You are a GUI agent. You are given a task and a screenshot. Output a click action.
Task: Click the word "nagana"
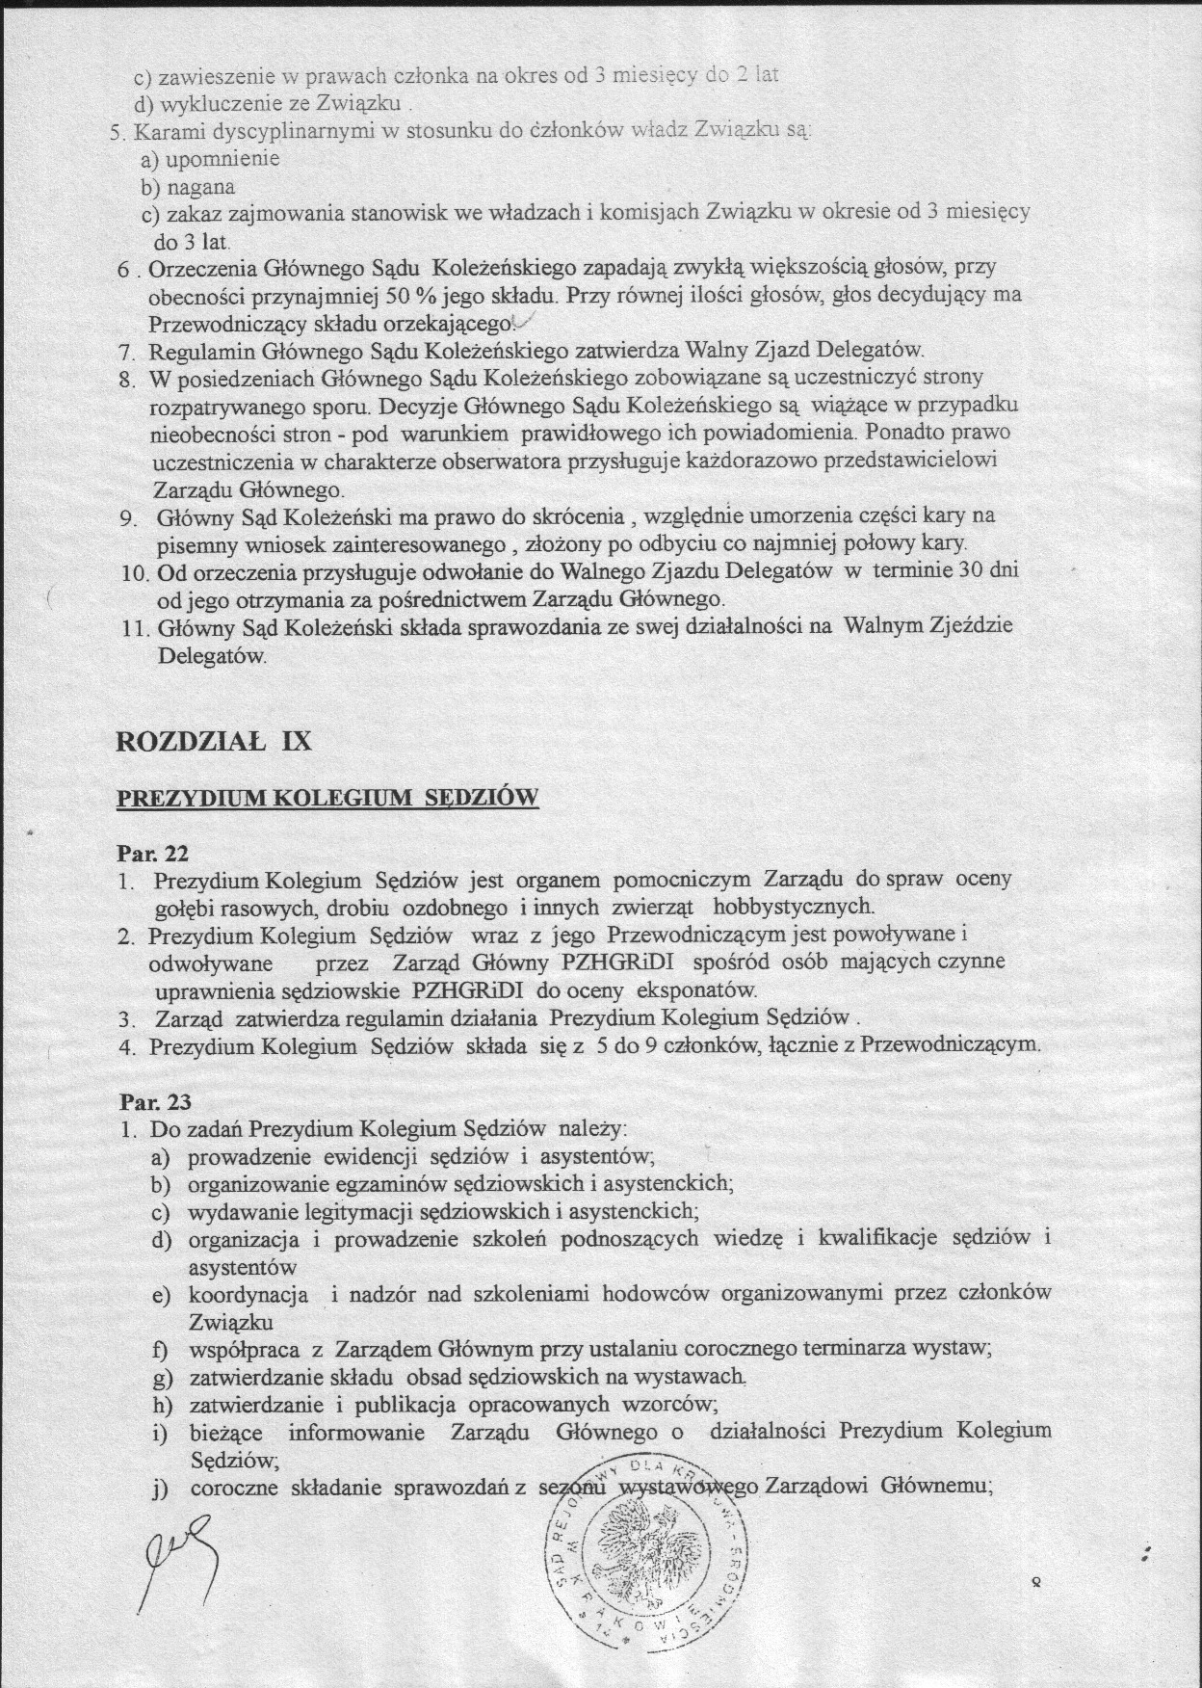click(201, 186)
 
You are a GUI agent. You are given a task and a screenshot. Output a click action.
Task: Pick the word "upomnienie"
click(222, 158)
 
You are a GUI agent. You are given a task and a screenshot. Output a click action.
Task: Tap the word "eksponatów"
click(703, 989)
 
